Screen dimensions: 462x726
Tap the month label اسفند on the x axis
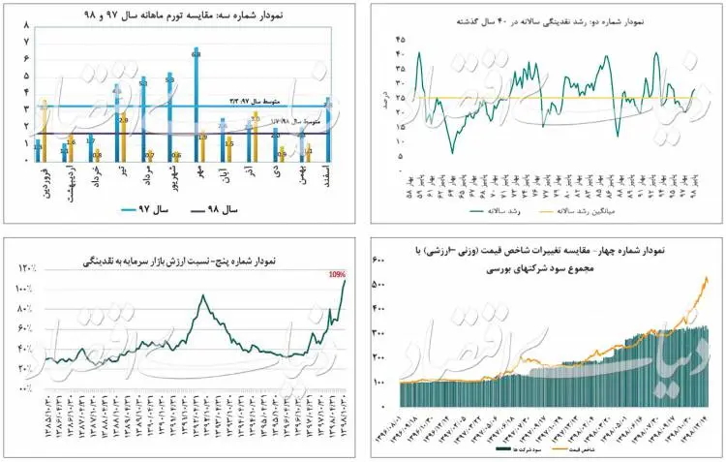pyautogui.click(x=328, y=182)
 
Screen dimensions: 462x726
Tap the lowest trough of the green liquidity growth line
pyautogui.click(x=451, y=152)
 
